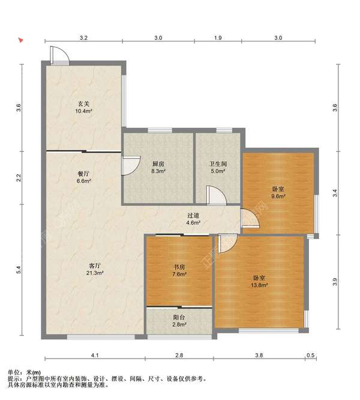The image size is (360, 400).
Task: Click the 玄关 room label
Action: coord(83,104)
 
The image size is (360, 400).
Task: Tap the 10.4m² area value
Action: coord(83,111)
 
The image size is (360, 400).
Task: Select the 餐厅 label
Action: coord(83,174)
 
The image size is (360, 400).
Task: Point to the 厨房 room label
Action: coord(158,164)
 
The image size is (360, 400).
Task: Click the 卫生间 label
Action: coord(218,164)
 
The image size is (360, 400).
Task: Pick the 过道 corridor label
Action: coord(193,216)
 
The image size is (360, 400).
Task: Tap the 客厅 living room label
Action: coord(95,266)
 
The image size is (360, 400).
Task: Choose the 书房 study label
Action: coord(179,267)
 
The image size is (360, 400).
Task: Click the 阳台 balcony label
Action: coord(179,317)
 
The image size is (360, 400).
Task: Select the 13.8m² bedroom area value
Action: coord(259,285)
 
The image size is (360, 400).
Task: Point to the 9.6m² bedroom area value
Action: coord(278,196)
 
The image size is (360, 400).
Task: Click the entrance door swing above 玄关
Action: coord(59,55)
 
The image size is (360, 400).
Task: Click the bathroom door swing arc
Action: coord(217,195)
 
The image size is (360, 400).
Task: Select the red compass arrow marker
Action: coord(21,40)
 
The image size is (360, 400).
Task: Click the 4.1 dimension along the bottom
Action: coord(95,355)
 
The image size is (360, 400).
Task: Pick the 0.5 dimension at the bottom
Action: coord(311,355)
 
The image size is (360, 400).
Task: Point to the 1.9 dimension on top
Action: coord(218,38)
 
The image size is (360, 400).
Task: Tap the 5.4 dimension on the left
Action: coord(19,270)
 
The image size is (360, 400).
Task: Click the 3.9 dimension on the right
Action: coord(335,282)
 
